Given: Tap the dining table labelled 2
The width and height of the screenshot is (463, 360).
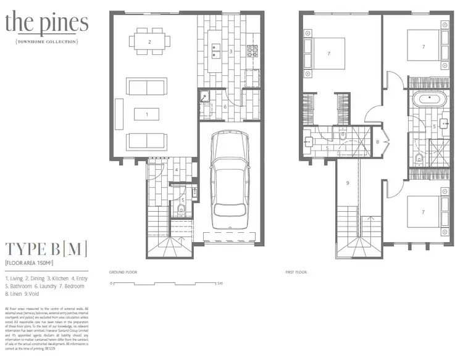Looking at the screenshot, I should click(150, 42).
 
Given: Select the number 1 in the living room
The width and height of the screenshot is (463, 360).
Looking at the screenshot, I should click(146, 114).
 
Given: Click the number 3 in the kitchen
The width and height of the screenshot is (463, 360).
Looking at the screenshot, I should click(230, 51).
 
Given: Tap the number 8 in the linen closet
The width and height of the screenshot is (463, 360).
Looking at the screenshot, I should click(377, 143).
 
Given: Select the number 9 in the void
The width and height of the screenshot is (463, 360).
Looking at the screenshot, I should click(348, 183).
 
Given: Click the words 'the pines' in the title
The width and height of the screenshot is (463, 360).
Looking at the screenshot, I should click(46, 23).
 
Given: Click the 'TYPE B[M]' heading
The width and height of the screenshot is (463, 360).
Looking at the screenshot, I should click(46, 249).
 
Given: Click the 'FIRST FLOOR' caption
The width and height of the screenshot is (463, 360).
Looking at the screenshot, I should click(297, 272).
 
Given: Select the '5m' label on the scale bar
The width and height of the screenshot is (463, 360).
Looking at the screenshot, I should click(219, 283).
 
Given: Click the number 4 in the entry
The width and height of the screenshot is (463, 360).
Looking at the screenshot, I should click(177, 169).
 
